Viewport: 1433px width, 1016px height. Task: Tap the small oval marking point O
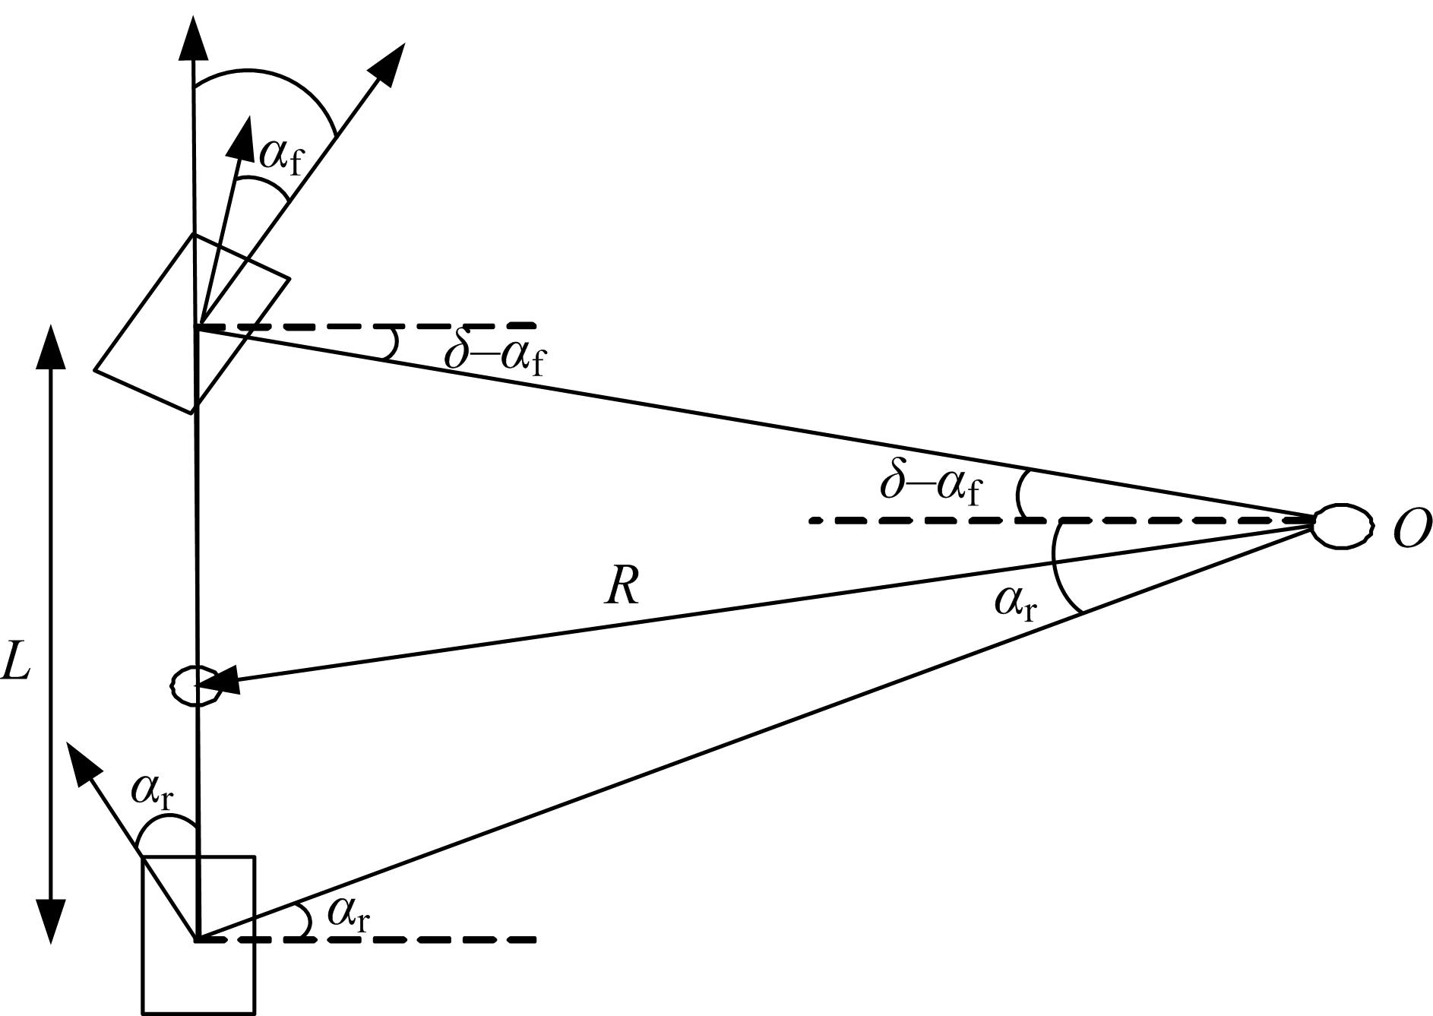(x=1343, y=525)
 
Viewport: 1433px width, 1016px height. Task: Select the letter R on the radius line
(x=622, y=587)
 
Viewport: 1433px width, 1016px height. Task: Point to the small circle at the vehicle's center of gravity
(x=196, y=685)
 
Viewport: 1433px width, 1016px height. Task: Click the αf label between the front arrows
(x=280, y=156)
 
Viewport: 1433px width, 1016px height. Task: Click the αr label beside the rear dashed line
(x=349, y=915)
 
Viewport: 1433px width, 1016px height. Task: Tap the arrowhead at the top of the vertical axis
(x=194, y=37)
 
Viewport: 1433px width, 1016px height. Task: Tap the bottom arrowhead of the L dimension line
(x=51, y=921)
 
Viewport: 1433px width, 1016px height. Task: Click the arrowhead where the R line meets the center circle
(x=218, y=682)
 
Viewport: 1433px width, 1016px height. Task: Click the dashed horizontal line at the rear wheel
(x=367, y=940)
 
